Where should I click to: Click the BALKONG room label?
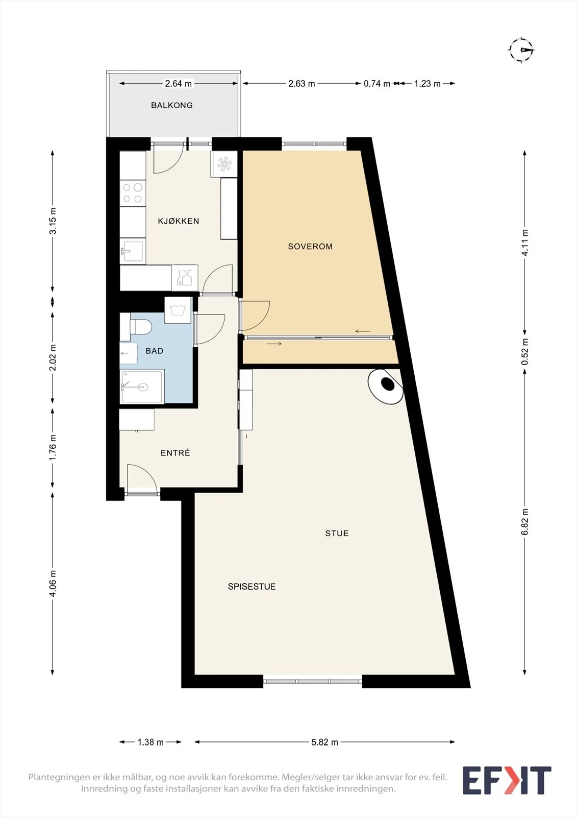pyautogui.click(x=172, y=105)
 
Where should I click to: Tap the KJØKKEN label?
pyautogui.click(x=178, y=221)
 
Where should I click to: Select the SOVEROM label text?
pyautogui.click(x=310, y=247)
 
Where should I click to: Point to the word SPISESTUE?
pyautogui.click(x=252, y=587)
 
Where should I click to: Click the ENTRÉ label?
pyautogui.click(x=175, y=452)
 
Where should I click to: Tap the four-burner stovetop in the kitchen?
pyautogui.click(x=133, y=193)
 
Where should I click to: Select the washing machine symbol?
pyautogui.click(x=178, y=310)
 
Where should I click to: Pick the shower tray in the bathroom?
pyautogui.click(x=142, y=387)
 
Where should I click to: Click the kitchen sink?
pyautogui.click(x=133, y=251)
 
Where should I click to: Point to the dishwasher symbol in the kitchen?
pyautogui.click(x=185, y=278)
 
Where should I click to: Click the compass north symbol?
pyautogui.click(x=521, y=50)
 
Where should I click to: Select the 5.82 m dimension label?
pyautogui.click(x=325, y=742)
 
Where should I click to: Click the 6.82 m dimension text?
pyautogui.click(x=525, y=522)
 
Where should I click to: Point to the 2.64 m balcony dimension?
pyautogui.click(x=178, y=84)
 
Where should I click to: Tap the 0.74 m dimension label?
pyautogui.click(x=377, y=84)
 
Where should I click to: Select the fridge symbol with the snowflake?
pyautogui.click(x=224, y=164)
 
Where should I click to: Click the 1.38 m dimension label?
pyautogui.click(x=150, y=742)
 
